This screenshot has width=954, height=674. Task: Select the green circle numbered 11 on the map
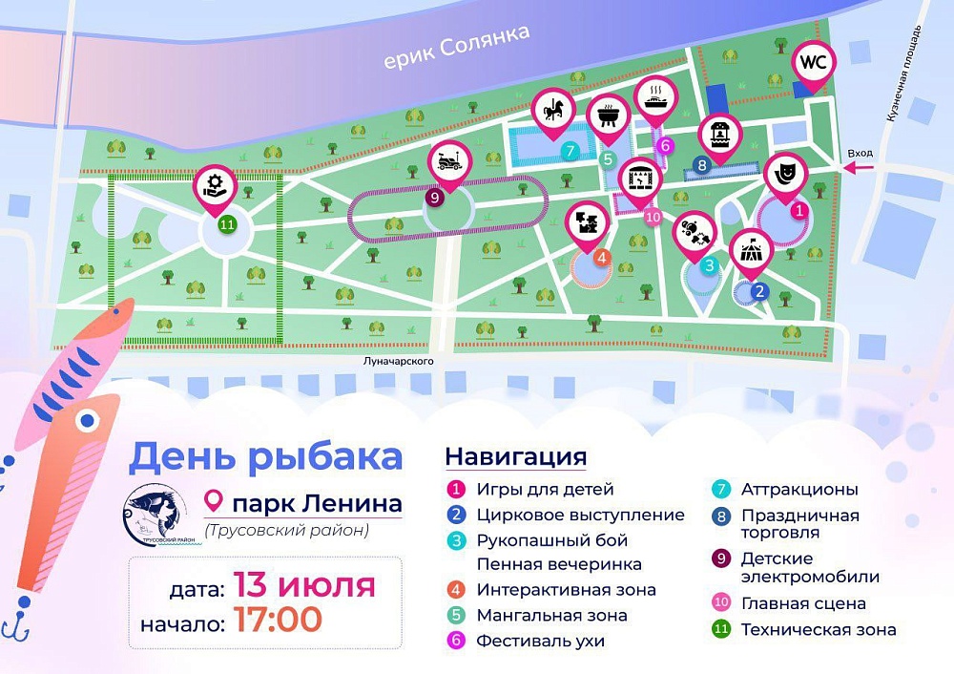(226, 225)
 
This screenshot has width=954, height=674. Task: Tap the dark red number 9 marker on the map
(434, 198)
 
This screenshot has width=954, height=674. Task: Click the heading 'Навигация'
(515, 456)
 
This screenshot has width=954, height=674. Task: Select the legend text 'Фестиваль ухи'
(540, 641)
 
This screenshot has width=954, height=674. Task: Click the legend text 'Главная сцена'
(803, 603)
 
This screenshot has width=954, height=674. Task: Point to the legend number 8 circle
(722, 516)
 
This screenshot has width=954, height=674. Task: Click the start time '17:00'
(276, 619)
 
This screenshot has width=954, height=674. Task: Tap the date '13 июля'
(302, 584)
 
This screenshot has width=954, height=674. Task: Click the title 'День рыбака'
(266, 456)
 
